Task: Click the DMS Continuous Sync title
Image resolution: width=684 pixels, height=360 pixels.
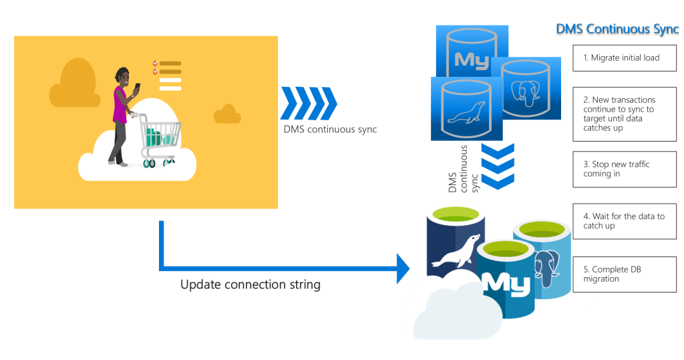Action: click(617, 29)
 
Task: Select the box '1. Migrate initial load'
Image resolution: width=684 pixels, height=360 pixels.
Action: click(625, 57)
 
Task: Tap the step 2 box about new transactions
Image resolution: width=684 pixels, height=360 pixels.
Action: click(625, 114)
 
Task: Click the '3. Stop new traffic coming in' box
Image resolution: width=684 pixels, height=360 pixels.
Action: click(625, 169)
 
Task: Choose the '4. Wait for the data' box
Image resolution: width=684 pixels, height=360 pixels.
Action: click(625, 221)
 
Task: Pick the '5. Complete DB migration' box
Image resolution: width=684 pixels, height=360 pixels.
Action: click(625, 274)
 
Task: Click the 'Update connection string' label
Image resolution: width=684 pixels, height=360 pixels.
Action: click(250, 285)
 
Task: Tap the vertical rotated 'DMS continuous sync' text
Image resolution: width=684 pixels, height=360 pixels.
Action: click(464, 170)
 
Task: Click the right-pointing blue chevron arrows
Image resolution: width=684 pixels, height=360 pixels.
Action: click(309, 103)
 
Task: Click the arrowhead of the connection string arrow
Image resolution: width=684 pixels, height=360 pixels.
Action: click(402, 268)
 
